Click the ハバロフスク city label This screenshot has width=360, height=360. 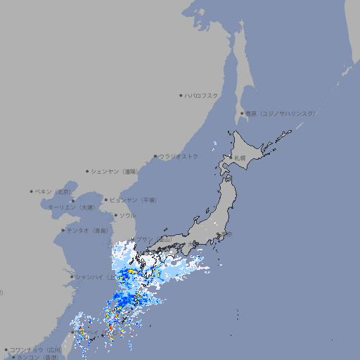click(202, 95)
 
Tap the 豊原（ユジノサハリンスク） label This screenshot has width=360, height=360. click(280, 113)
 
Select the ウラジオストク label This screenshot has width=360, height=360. click(179, 156)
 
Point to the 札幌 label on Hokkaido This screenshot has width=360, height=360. click(240, 157)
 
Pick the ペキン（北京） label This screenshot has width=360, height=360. click(53, 191)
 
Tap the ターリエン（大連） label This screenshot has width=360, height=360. click(70, 207)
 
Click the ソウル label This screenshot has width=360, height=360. click(127, 215)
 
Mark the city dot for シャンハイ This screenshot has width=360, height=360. click(72, 276)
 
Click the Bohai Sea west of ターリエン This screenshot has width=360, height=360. click(60, 204)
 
